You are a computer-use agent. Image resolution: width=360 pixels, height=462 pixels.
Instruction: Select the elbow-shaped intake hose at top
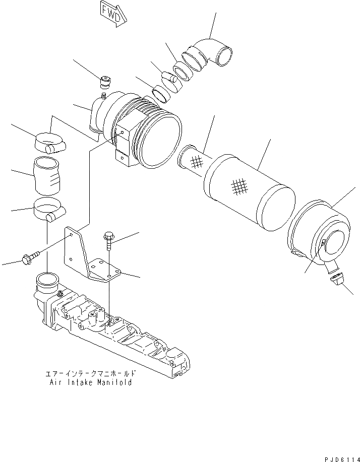coord(212,53)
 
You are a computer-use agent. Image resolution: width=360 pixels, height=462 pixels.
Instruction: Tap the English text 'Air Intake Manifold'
coord(91,382)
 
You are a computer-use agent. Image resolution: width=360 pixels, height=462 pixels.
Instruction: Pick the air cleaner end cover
coord(319,232)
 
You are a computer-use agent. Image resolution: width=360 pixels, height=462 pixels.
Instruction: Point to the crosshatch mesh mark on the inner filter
coord(198,161)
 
